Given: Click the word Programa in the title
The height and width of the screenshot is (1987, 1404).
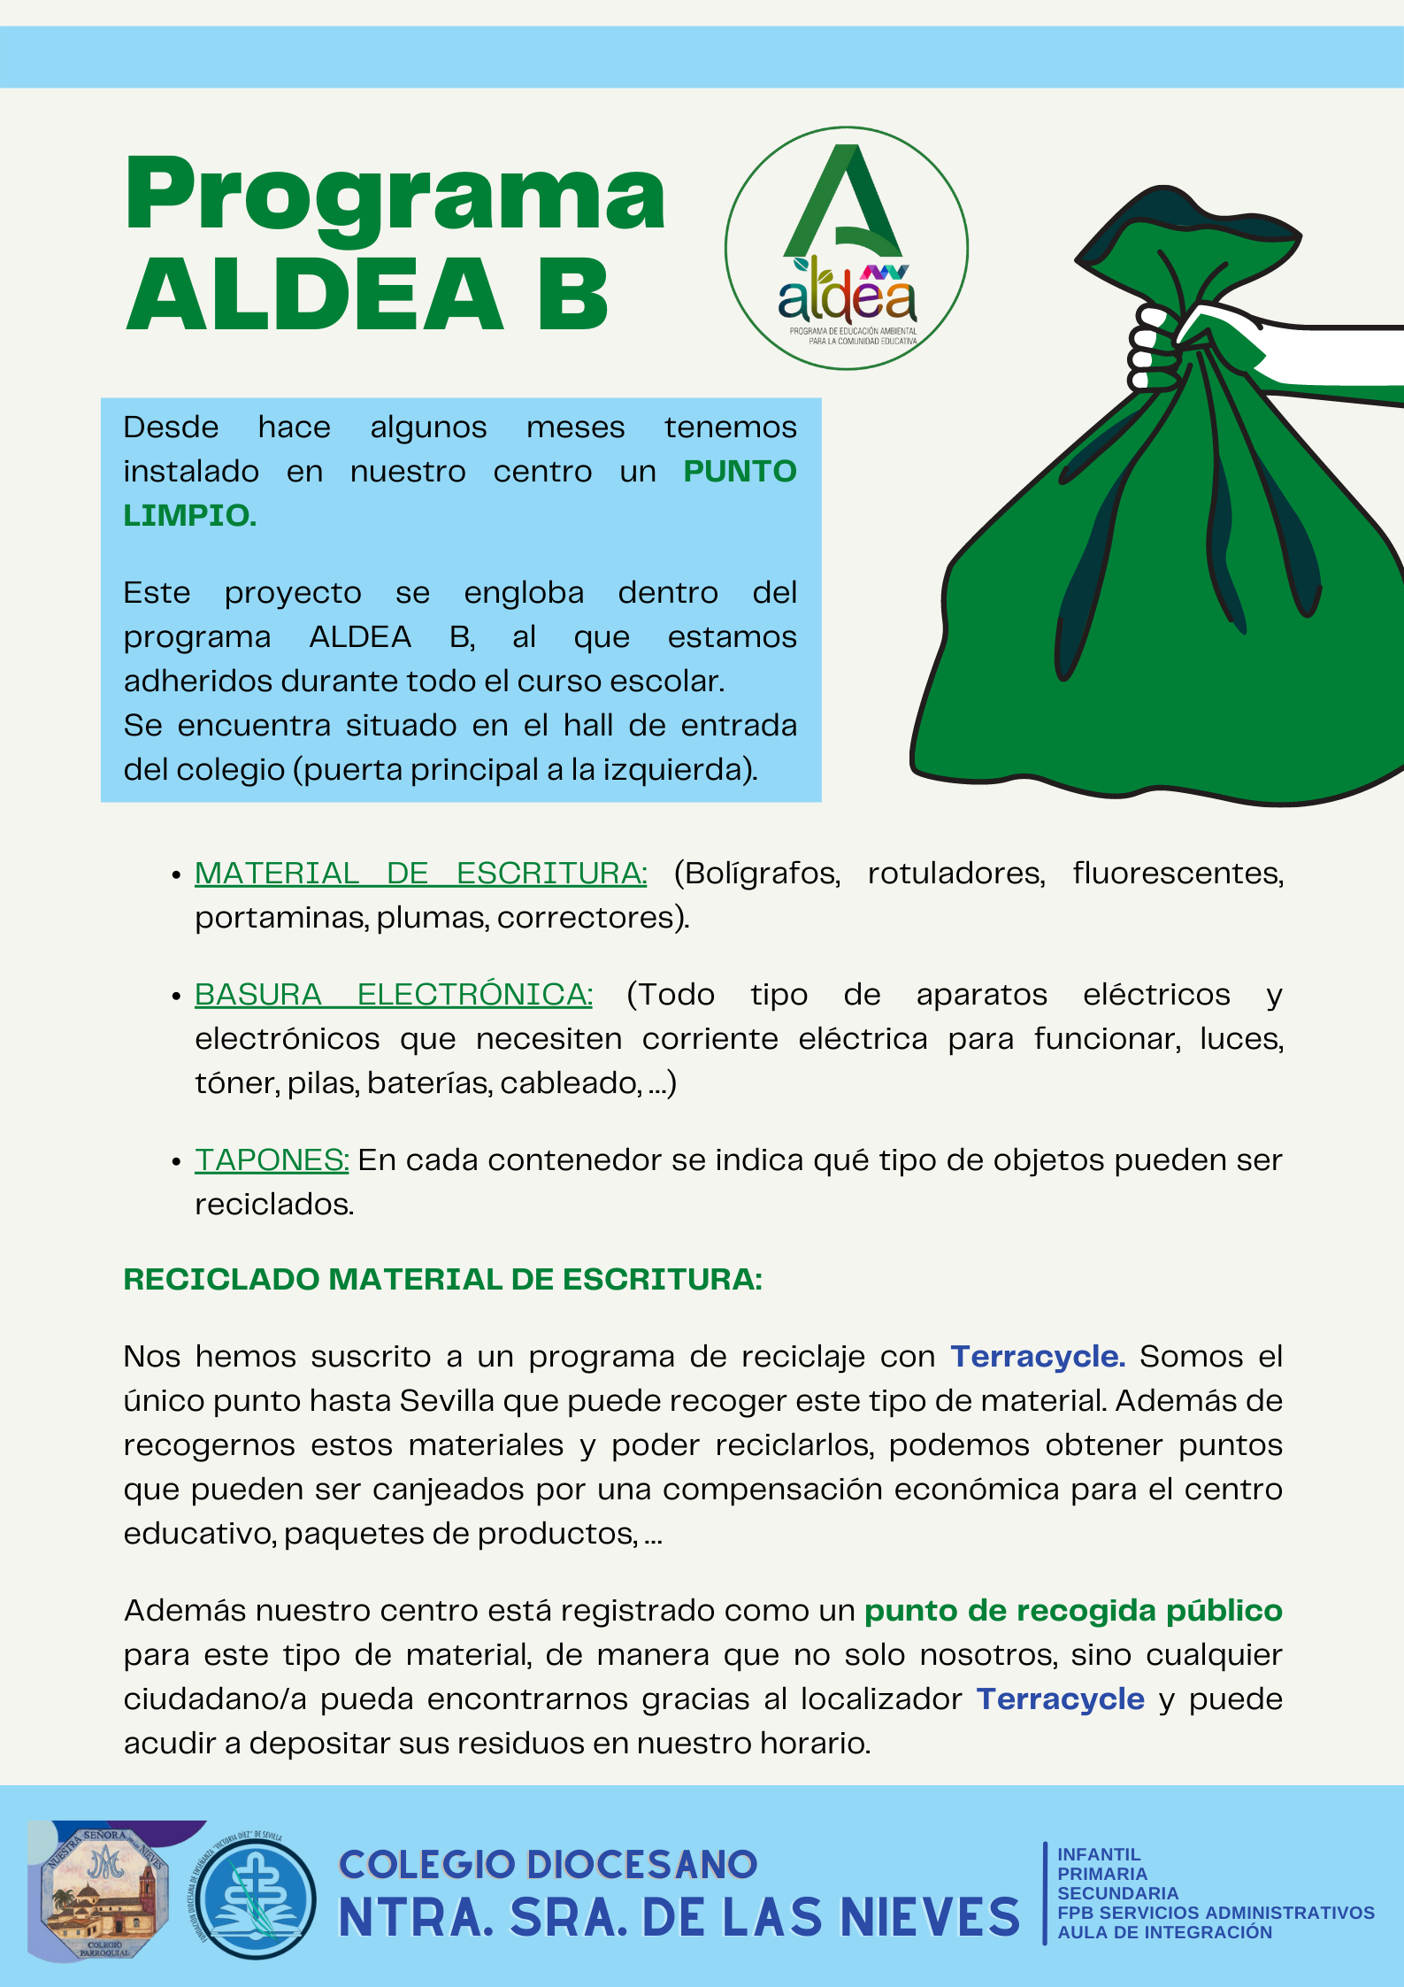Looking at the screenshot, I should tap(395, 195).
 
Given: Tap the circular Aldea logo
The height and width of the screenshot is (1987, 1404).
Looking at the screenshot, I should tap(847, 249).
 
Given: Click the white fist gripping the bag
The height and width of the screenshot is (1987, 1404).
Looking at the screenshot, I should tap(1155, 350).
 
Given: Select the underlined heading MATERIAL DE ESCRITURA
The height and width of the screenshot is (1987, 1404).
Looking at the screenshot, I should tap(420, 874).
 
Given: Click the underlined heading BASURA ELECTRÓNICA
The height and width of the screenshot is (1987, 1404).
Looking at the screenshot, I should tap(393, 995).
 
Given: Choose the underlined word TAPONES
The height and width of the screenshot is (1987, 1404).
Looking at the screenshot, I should tap(272, 1160).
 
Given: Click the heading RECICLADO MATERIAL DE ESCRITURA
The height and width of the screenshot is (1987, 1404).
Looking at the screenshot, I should tap(442, 1280).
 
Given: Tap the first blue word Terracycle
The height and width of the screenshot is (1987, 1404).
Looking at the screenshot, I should tap(1037, 1357).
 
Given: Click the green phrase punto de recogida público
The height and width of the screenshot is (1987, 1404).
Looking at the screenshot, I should tap(1072, 1611).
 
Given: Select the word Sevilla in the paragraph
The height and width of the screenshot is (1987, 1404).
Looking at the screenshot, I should tap(447, 1401).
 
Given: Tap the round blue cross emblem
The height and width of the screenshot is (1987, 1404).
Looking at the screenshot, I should tap(256, 1899).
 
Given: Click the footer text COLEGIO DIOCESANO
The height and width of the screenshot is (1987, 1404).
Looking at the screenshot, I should tap(548, 1865).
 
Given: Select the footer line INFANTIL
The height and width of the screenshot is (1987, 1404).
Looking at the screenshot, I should tap(1099, 1854).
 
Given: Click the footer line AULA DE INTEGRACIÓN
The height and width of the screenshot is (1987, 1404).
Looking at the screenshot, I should tap(1164, 1932).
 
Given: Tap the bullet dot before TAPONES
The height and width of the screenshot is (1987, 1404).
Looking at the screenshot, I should tap(176, 1161).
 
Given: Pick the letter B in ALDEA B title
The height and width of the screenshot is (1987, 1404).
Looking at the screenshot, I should tap(572, 294).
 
